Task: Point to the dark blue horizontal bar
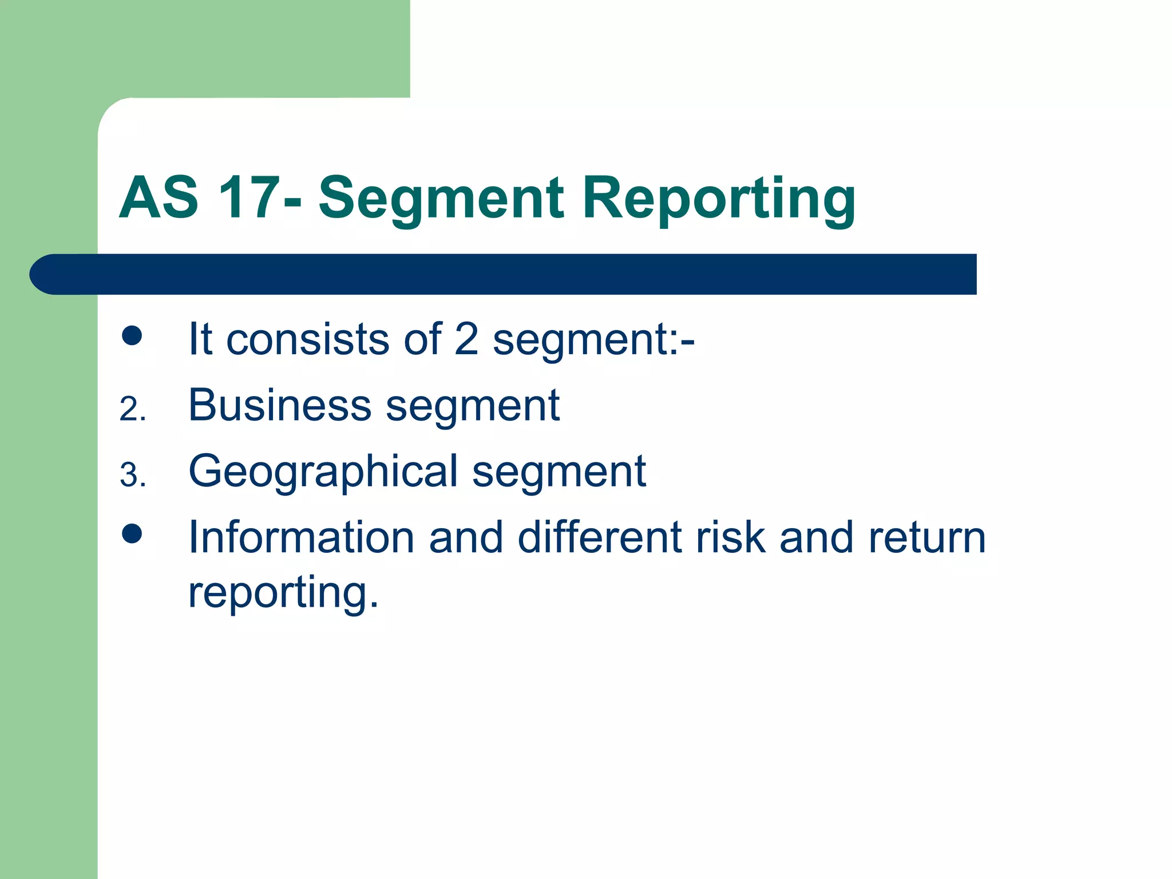click(504, 274)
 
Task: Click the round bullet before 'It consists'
click(132, 336)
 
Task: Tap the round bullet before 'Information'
click(132, 534)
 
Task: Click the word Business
click(280, 405)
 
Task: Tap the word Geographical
click(323, 472)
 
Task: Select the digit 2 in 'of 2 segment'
click(466, 339)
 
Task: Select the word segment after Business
click(473, 406)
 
